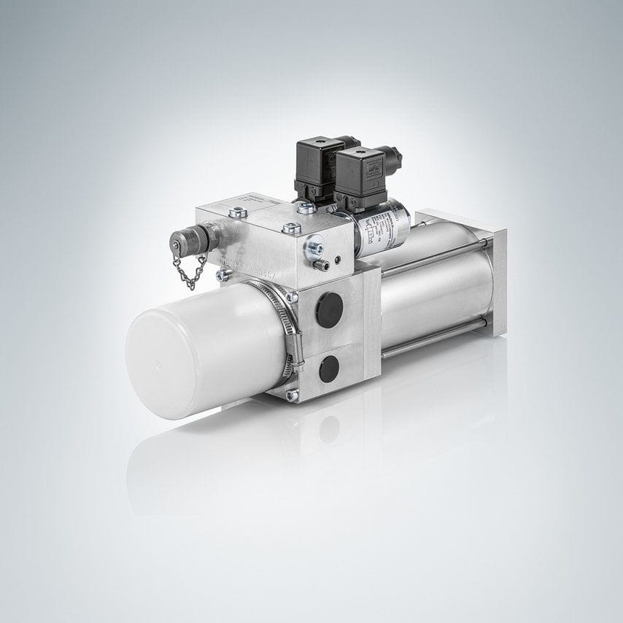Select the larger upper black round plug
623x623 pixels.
330,310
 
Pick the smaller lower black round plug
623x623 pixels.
329,369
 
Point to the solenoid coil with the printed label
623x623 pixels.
383,227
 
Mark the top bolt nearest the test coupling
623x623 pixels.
239,213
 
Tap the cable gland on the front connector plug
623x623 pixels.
394,156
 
